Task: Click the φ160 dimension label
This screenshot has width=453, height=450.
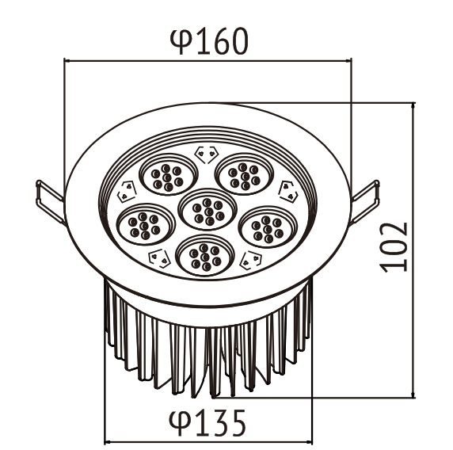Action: point(209,41)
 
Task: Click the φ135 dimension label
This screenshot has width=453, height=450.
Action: point(207,423)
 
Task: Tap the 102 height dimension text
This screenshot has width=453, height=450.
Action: point(394,247)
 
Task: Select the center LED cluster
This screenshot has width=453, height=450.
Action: point(207,209)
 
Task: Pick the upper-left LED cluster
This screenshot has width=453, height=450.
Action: point(169,174)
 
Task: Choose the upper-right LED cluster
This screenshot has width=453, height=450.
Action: point(245,174)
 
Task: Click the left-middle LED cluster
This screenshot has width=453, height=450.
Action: point(146,224)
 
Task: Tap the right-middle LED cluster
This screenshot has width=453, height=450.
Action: point(268,227)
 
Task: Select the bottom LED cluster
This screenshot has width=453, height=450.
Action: point(205,255)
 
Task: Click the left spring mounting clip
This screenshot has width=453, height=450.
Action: point(49,201)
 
